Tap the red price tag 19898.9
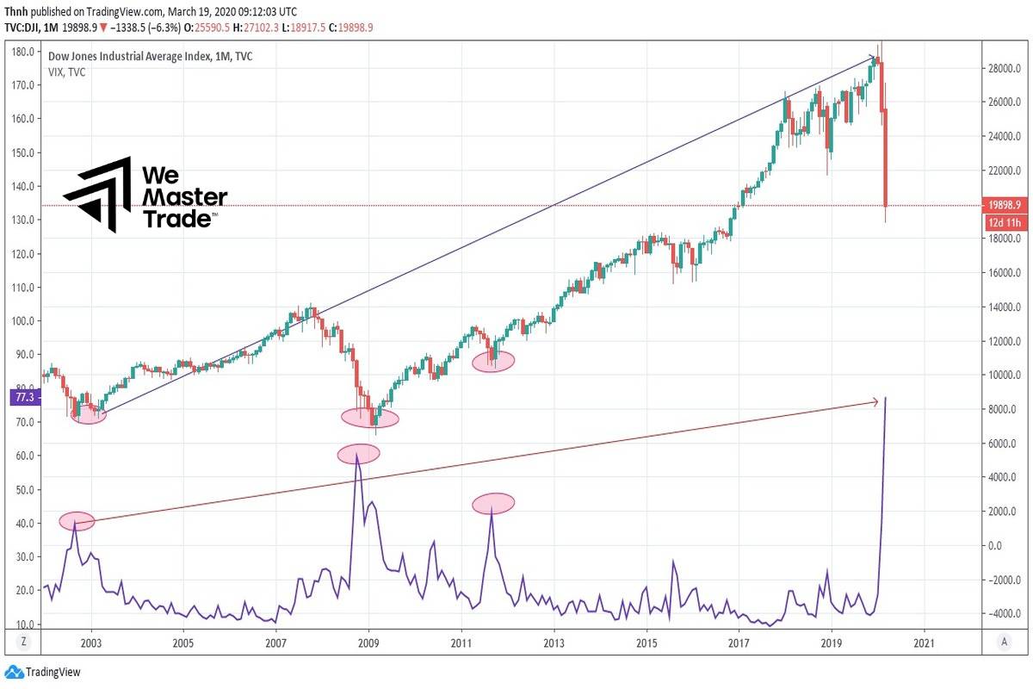coord(1005,205)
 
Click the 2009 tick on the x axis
coord(368,642)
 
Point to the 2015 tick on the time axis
coord(646,642)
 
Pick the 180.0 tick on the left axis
coord(23,52)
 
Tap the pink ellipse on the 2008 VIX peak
coord(358,454)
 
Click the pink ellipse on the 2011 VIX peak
coord(492,504)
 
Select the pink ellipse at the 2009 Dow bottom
coord(370,418)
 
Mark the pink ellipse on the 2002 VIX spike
coord(77,520)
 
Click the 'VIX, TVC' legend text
coord(66,72)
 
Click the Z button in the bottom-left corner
coord(23,642)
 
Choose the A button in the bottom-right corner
coord(1005,642)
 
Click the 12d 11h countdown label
coord(1005,223)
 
